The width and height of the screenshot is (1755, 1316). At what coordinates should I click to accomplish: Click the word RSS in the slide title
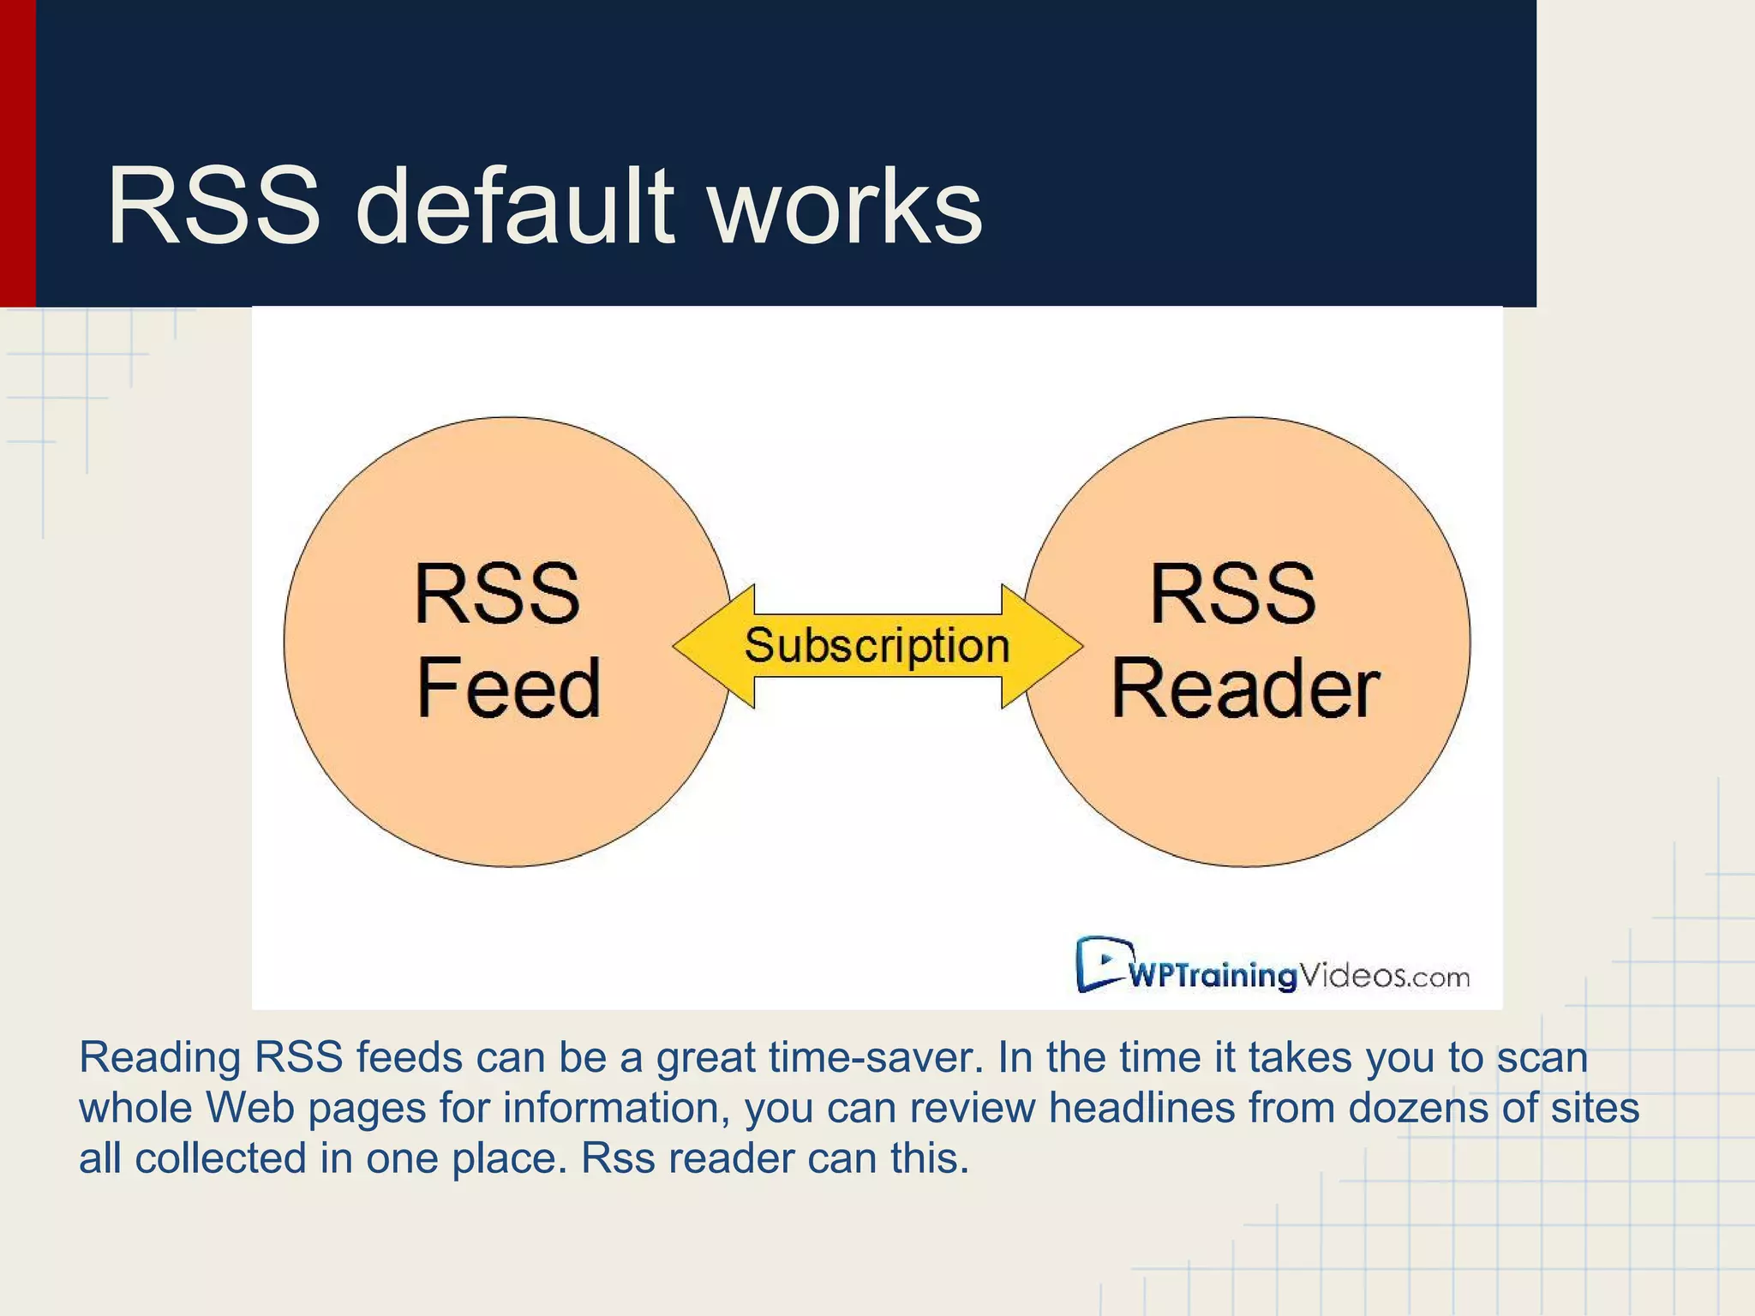click(x=214, y=207)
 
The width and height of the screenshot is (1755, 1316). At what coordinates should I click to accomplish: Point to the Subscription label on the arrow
click(x=877, y=645)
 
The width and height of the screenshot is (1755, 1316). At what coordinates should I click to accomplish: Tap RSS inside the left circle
click(x=497, y=594)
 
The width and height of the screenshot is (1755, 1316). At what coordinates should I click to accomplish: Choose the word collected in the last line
click(x=220, y=1158)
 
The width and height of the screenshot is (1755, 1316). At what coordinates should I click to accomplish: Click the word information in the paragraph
click(x=616, y=1108)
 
